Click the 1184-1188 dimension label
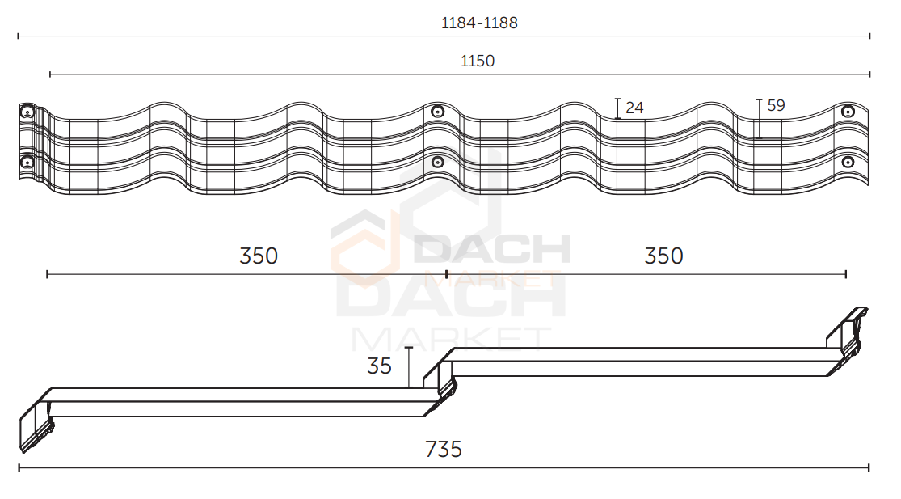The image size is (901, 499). [479, 23]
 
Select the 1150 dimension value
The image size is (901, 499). [478, 61]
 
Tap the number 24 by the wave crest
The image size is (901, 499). [634, 108]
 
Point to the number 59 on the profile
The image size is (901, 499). [776, 105]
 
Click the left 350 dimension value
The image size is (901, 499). [259, 256]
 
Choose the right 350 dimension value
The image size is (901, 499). [663, 256]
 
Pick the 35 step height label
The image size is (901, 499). [379, 366]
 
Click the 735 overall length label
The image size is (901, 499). [444, 449]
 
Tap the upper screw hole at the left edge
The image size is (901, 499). [27, 112]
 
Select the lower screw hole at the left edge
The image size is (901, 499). [27, 163]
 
